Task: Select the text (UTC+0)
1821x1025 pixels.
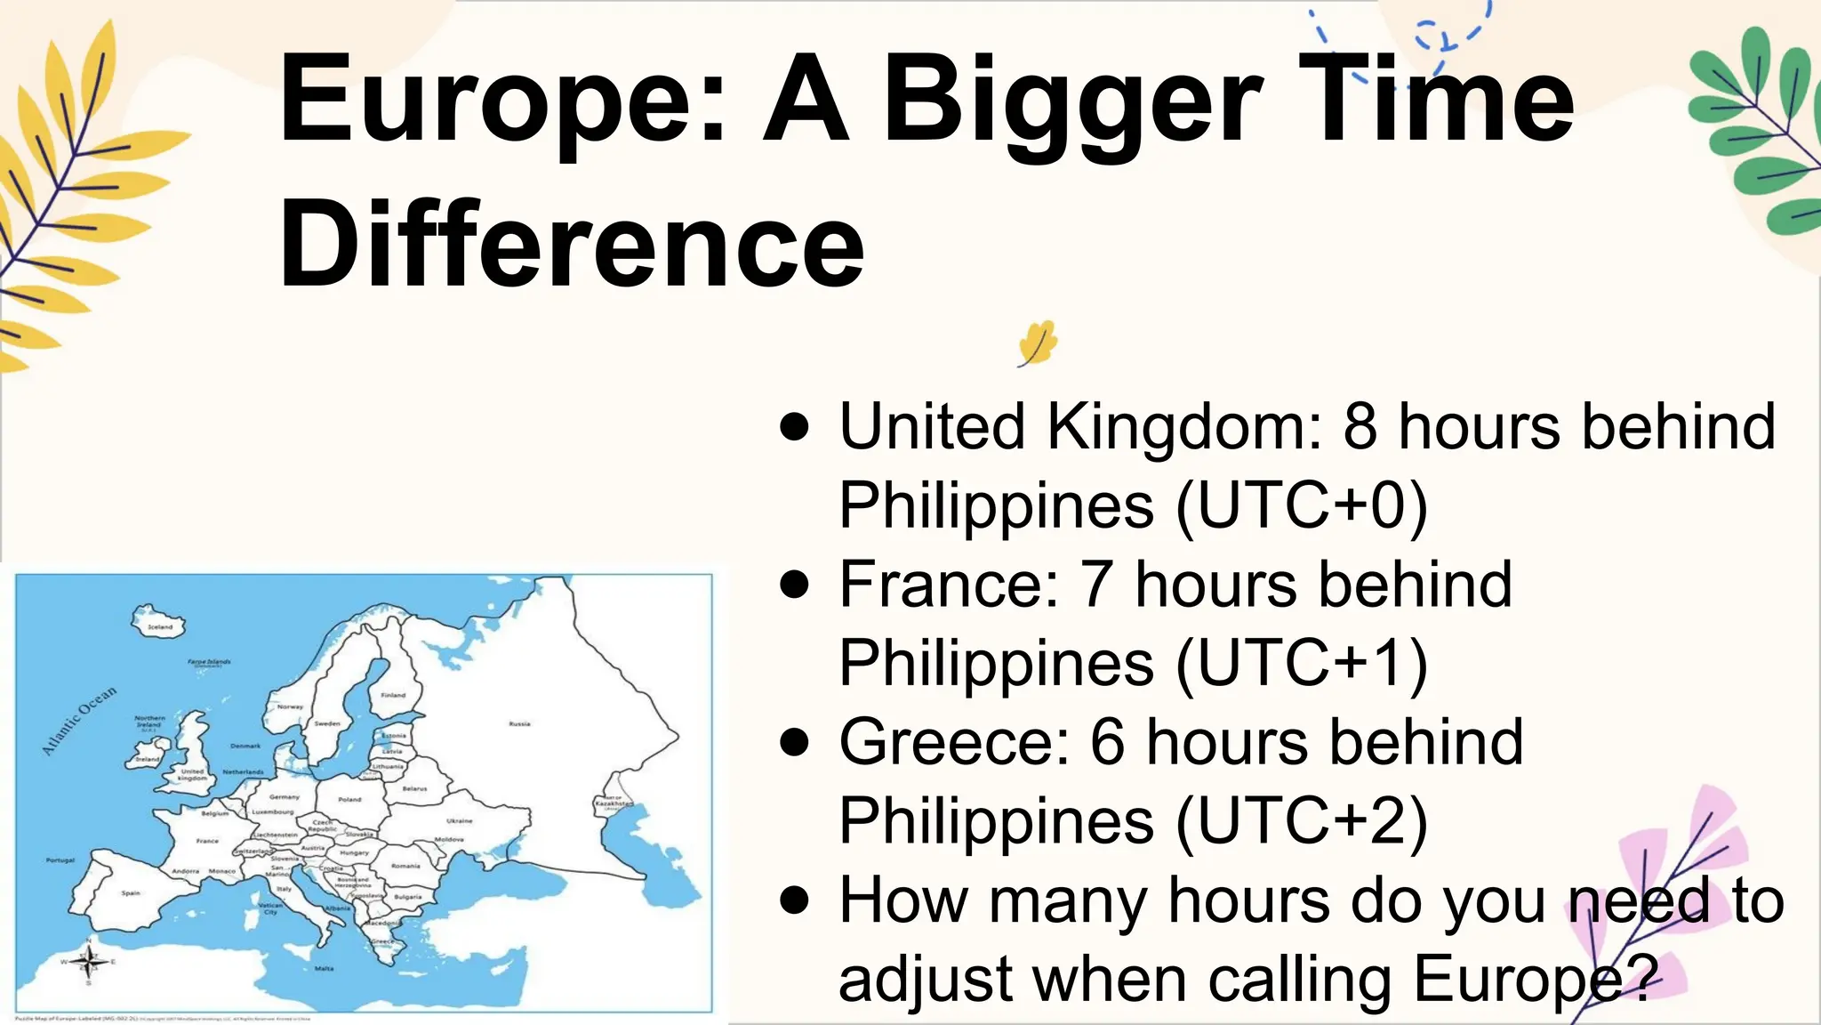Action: click(x=1302, y=505)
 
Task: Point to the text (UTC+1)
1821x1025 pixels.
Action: click(x=1302, y=664)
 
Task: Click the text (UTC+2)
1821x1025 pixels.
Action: click(x=1302, y=820)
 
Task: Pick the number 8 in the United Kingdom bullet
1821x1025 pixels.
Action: click(x=1360, y=426)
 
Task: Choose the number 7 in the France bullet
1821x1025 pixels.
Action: click(x=1095, y=585)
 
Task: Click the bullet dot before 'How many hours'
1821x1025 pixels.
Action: click(x=794, y=900)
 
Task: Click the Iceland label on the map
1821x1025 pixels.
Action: click(x=160, y=626)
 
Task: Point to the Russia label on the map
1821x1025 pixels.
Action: click(x=519, y=724)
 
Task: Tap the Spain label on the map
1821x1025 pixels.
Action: click(x=131, y=892)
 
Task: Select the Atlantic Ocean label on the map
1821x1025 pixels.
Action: click(x=79, y=721)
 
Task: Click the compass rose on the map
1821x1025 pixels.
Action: click(x=89, y=961)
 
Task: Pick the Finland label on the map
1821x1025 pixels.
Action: click(x=393, y=695)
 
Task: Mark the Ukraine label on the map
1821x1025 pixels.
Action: click(x=459, y=820)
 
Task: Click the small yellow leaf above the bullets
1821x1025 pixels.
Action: click(x=1037, y=343)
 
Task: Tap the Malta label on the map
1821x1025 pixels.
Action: click(x=325, y=968)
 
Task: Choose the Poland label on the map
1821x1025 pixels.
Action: click(x=349, y=799)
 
